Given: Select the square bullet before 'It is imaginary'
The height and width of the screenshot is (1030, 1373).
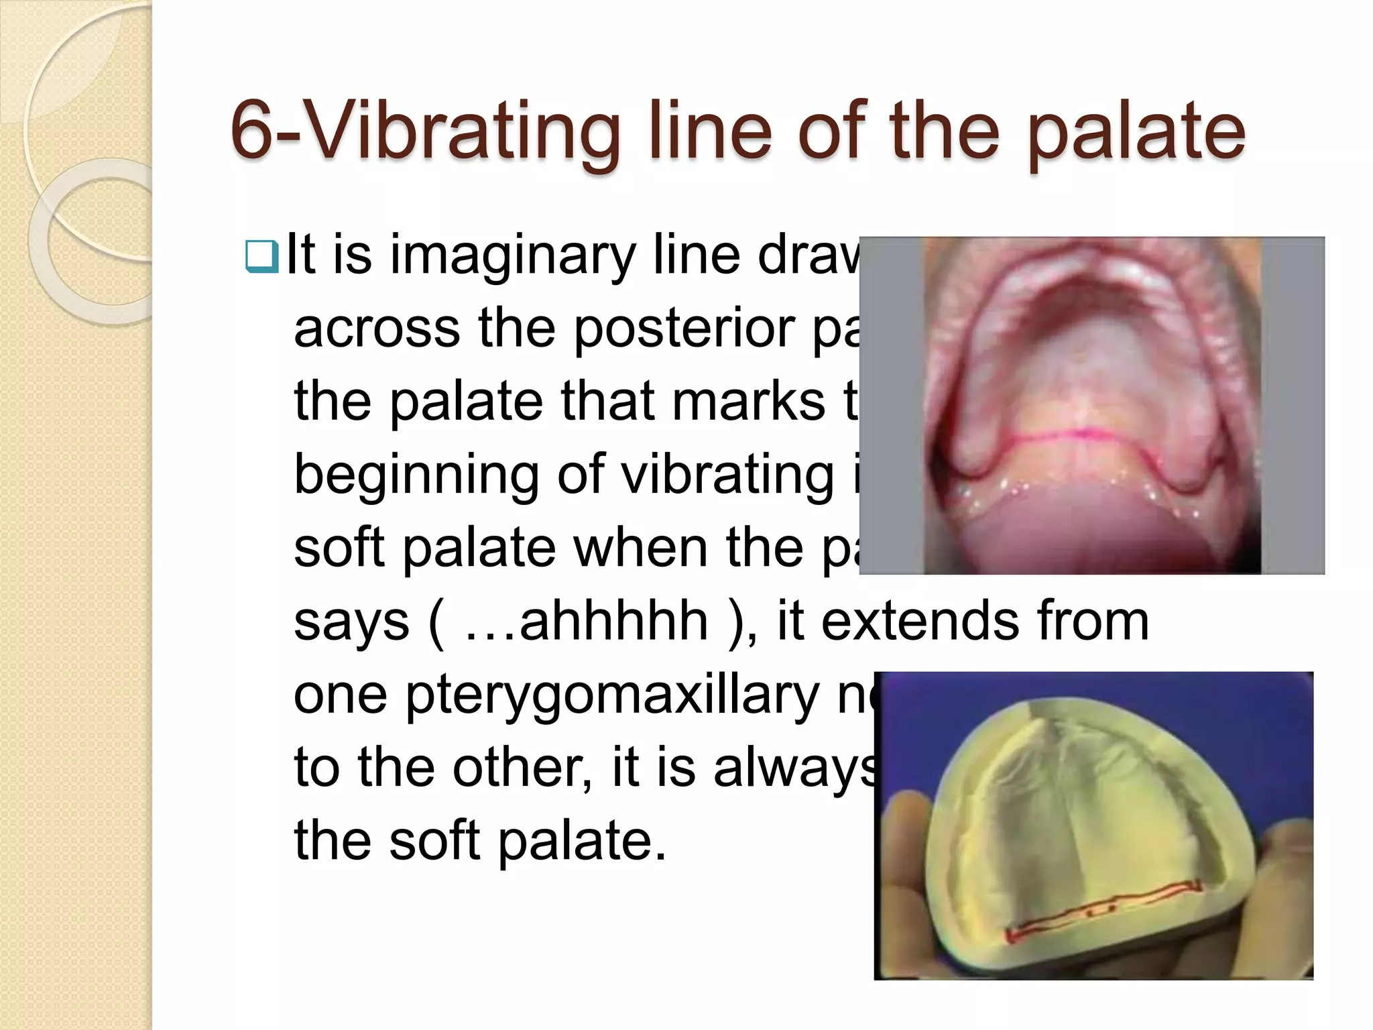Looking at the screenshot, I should pyautogui.click(x=261, y=257).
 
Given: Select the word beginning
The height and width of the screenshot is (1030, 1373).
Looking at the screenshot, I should pyautogui.click(x=416, y=475).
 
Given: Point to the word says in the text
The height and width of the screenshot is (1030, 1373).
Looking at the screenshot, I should pyautogui.click(x=351, y=622).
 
